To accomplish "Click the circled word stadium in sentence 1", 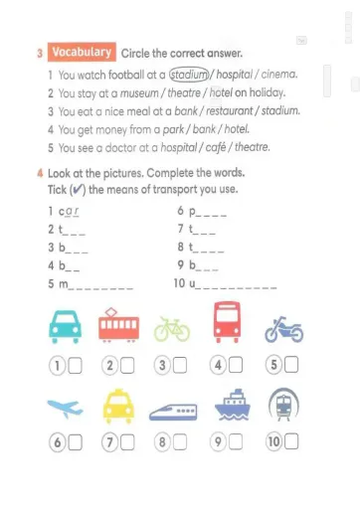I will pos(189,74).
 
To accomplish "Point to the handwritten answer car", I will pos(68,212).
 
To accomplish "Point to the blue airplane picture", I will pos(64,404).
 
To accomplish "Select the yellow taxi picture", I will pos(118,403).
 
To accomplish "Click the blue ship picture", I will pos(229,405).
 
